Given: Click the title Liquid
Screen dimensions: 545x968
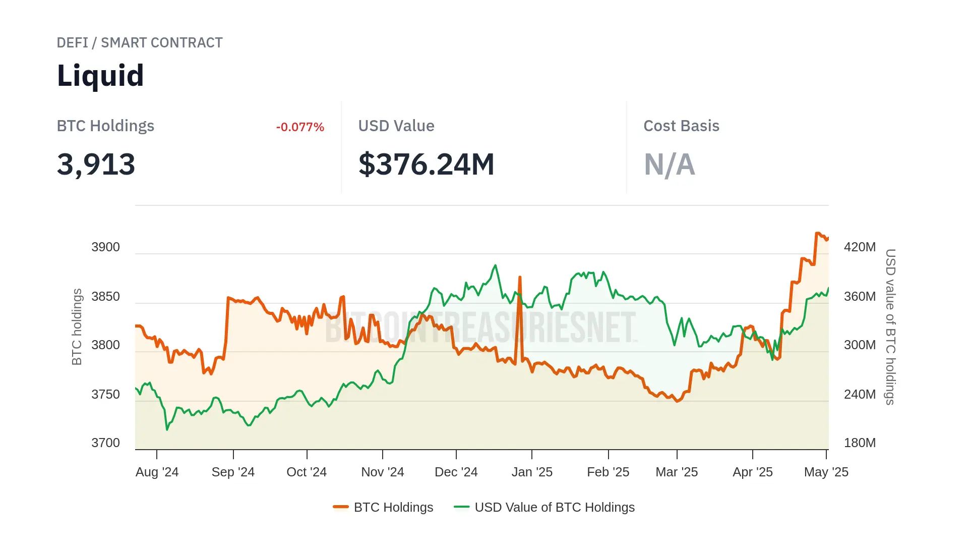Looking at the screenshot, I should click(x=100, y=76).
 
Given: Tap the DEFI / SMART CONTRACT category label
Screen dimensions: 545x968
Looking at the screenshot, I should click(x=140, y=43).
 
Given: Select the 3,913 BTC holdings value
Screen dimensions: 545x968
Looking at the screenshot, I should click(x=96, y=165).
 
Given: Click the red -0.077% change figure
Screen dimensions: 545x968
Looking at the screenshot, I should click(x=300, y=127).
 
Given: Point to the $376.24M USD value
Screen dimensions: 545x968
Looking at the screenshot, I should click(x=426, y=165).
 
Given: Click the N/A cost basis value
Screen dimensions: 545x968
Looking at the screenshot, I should click(x=669, y=165).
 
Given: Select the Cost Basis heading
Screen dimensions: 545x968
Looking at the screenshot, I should click(x=681, y=126).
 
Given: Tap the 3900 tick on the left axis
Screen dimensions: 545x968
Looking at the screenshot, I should click(x=105, y=247).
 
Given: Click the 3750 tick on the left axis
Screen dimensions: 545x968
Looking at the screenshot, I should click(x=105, y=395).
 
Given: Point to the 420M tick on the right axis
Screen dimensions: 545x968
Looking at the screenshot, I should click(x=860, y=247).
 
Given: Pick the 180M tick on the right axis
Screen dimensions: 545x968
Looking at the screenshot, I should click(x=860, y=443).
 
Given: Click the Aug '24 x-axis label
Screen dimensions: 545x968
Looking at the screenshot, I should click(x=157, y=472).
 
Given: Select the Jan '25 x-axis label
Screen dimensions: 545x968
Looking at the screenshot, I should click(x=532, y=472).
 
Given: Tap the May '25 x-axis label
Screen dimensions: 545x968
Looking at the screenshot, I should click(x=826, y=472).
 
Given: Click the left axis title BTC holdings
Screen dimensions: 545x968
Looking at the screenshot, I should click(x=77, y=326).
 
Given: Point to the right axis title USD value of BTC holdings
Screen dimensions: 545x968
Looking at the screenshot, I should click(x=890, y=326).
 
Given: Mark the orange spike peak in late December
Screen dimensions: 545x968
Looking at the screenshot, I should click(x=520, y=277).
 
